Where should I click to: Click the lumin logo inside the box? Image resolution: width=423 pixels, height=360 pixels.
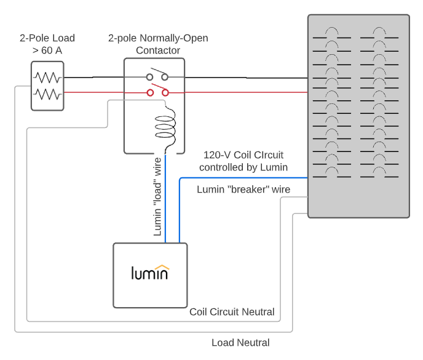150,273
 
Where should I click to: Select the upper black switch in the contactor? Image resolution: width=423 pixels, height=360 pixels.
157,76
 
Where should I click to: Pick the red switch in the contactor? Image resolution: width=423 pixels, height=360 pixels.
157,92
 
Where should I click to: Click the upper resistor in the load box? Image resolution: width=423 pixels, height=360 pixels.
47,78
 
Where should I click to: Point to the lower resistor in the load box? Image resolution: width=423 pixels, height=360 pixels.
47,94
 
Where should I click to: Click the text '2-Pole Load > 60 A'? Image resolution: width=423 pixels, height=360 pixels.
47,44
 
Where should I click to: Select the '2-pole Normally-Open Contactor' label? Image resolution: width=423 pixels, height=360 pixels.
158,44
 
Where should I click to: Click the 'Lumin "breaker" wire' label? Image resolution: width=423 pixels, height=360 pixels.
243,190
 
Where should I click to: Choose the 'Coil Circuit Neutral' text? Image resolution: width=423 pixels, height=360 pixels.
232,312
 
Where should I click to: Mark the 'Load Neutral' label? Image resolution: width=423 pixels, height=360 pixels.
240,343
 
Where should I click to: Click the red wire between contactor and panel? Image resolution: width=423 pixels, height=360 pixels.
246,92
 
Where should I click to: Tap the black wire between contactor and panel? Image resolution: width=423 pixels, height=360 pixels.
246,78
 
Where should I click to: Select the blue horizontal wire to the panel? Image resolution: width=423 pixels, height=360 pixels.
243,178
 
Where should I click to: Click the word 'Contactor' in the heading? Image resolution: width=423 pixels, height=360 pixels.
158,50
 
